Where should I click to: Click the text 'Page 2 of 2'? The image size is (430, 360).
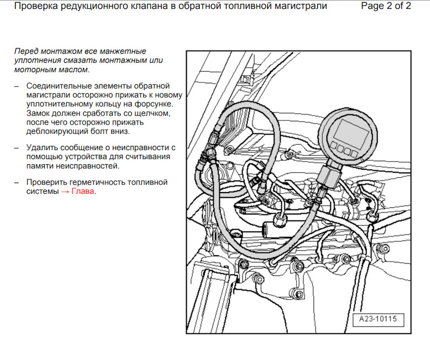click(386, 6)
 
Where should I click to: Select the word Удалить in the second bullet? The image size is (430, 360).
click(41, 147)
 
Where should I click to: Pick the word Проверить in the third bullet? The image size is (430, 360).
click(46, 183)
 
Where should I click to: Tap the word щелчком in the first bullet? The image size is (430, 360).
click(155, 113)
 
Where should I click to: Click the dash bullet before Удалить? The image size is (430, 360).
click(17, 148)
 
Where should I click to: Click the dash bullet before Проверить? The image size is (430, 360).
click(17, 183)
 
